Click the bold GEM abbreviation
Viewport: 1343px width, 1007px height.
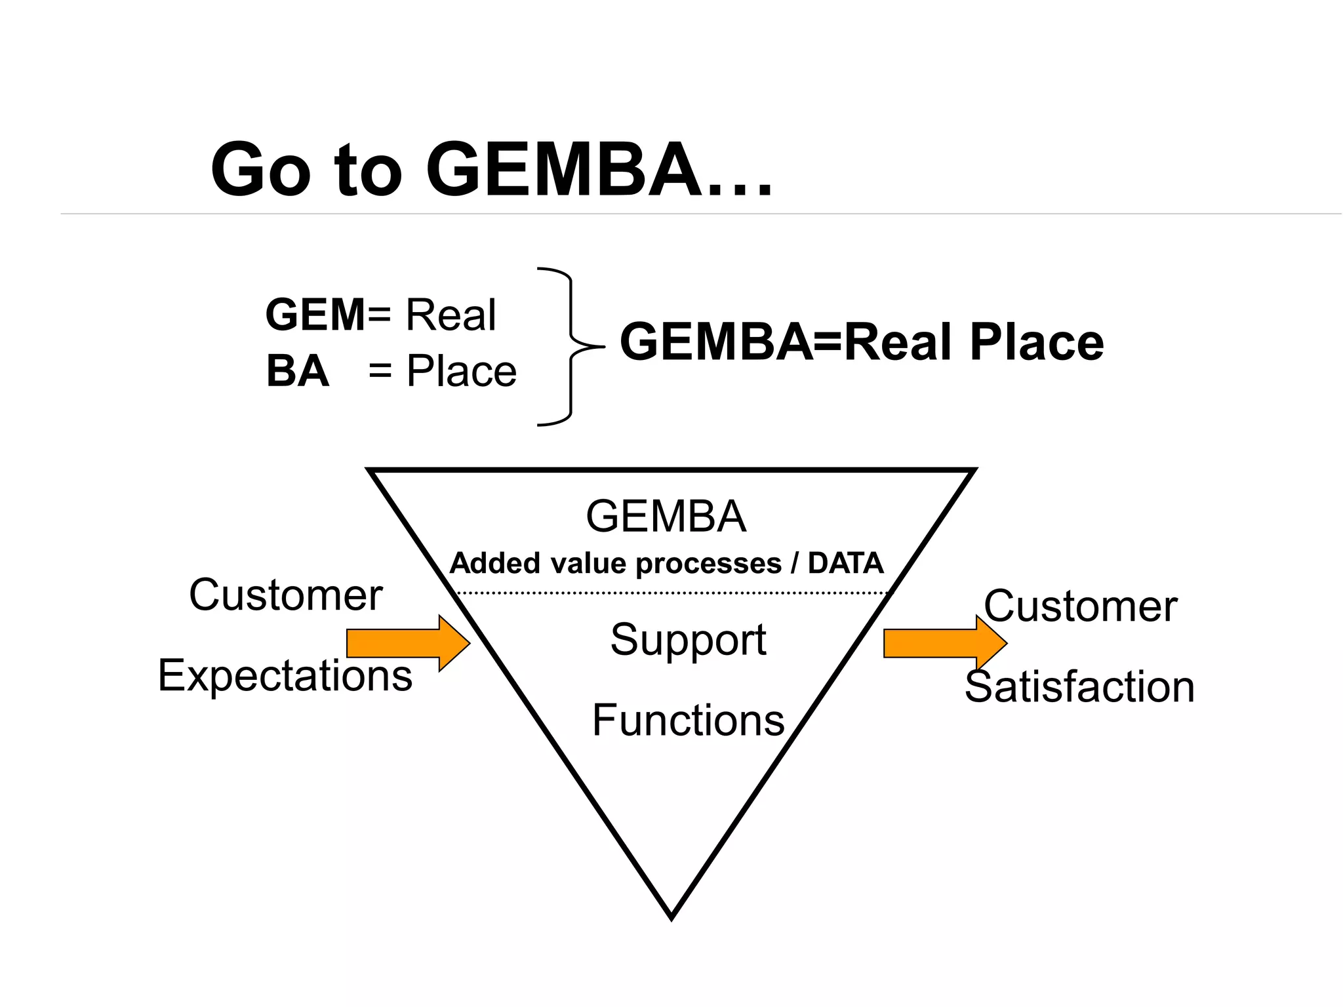315,315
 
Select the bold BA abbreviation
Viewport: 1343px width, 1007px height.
297,371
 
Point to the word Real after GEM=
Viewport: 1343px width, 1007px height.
451,315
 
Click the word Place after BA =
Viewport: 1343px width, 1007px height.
461,371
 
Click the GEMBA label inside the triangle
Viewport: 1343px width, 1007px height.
666,517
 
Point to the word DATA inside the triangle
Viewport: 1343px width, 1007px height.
845,563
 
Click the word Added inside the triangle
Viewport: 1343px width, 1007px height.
494,563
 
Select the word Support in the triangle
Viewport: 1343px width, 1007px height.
688,639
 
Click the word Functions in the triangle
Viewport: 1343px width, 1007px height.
688,720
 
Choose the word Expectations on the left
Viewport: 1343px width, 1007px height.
285,675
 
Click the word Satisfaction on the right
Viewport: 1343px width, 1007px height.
1079,687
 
